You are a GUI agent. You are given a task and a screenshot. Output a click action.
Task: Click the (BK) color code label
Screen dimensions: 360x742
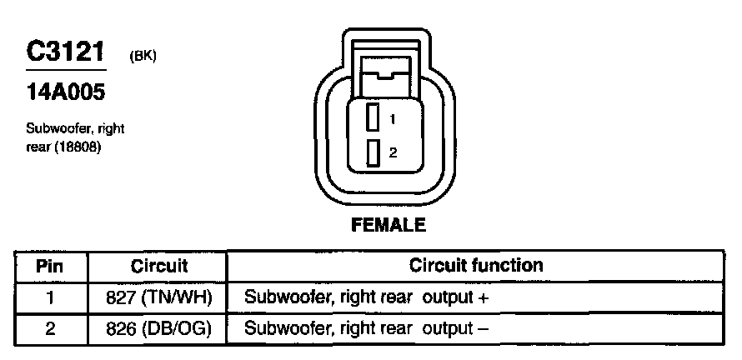pyautogui.click(x=143, y=56)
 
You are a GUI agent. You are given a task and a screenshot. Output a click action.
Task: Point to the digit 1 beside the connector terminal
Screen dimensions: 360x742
pyautogui.click(x=393, y=118)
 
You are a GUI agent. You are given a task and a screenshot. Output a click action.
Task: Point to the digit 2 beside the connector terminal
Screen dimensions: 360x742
pyautogui.click(x=394, y=153)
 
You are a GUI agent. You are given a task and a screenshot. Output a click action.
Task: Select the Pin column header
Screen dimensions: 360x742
pyautogui.click(x=50, y=267)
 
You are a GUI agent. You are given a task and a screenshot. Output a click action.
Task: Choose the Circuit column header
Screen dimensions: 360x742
pyautogui.click(x=159, y=267)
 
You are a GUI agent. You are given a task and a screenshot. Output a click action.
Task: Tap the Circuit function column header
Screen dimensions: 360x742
pyautogui.click(x=476, y=266)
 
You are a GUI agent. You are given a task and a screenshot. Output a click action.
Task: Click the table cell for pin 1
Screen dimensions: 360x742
pyautogui.click(x=50, y=297)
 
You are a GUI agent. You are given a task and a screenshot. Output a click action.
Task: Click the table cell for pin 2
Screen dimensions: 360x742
pyautogui.click(x=50, y=328)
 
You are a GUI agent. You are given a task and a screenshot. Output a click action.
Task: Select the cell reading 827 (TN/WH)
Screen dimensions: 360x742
pyautogui.click(x=159, y=297)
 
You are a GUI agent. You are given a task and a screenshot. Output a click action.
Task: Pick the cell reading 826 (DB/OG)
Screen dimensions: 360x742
pyautogui.click(x=159, y=328)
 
